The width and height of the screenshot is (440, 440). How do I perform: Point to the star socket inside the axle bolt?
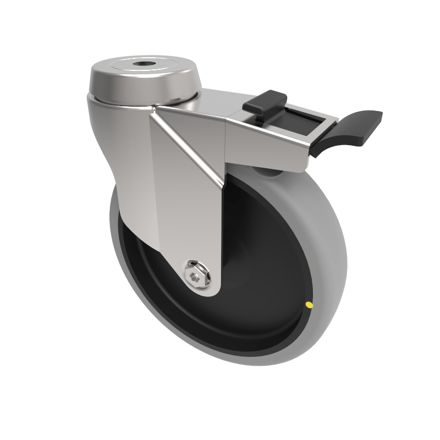click(194, 275)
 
